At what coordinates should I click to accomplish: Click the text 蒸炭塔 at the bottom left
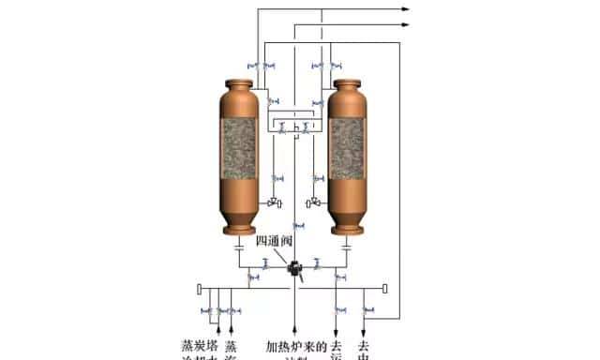click(x=198, y=347)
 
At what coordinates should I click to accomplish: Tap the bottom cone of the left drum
click(x=238, y=221)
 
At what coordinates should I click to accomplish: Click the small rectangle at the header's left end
click(x=200, y=287)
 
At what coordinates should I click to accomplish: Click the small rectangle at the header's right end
click(x=386, y=287)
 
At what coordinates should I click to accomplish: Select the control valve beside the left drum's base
click(x=273, y=202)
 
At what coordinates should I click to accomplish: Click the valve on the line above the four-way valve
click(x=298, y=226)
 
